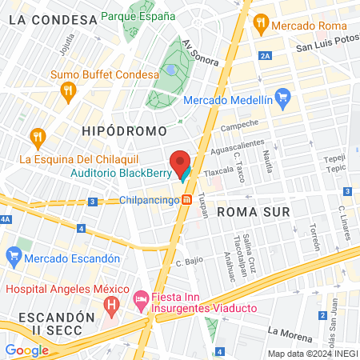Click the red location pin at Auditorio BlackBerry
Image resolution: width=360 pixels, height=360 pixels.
[x=181, y=162]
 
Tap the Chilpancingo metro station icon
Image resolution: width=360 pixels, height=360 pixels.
[x=186, y=200]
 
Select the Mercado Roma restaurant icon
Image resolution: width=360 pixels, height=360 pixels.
[x=260, y=25]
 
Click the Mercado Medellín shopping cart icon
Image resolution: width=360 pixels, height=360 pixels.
[x=282, y=100]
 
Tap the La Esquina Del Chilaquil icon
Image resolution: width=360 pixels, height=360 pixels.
[x=36, y=139]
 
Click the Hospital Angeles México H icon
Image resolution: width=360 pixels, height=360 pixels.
[x=112, y=304]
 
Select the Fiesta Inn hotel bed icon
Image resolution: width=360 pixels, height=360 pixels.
[x=141, y=298]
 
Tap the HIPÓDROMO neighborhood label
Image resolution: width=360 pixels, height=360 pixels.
[x=124, y=130]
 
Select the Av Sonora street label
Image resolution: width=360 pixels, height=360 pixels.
[x=200, y=55]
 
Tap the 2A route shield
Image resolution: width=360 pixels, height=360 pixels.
[x=266, y=55]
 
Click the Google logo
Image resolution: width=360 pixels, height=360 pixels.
[x=26, y=350]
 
